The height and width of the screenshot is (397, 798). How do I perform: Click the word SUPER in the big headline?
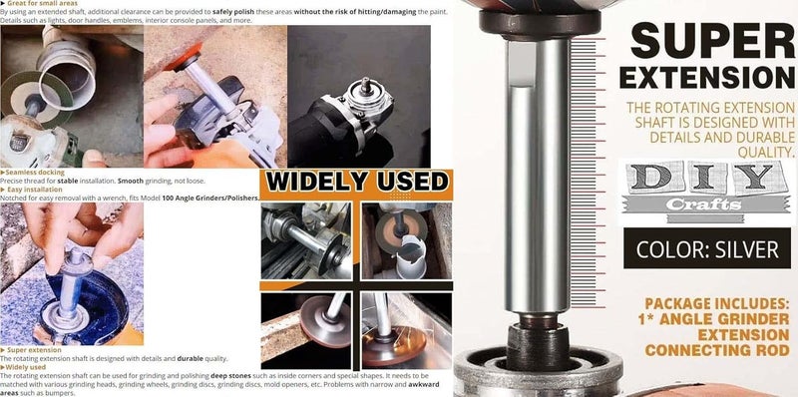click(x=710, y=41)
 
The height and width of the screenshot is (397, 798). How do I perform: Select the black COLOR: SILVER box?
click(x=707, y=247)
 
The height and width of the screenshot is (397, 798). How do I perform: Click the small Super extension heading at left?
click(x=34, y=350)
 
